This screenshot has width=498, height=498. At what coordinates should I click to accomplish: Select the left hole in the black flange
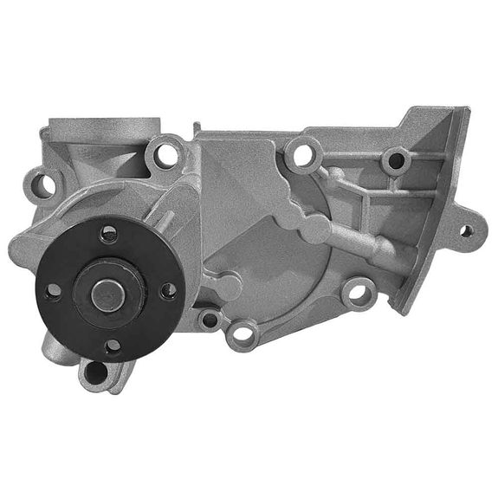tap(52, 291)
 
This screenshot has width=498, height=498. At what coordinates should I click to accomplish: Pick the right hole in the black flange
tap(168, 291)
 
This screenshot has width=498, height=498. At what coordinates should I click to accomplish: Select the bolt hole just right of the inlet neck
tap(163, 157)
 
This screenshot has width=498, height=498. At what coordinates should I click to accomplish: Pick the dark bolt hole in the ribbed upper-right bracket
tap(395, 159)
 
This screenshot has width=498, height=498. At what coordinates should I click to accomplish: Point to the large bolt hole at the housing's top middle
tap(303, 156)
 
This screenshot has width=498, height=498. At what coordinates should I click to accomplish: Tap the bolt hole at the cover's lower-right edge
tap(355, 292)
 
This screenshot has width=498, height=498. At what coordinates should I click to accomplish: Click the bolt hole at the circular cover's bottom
tap(245, 332)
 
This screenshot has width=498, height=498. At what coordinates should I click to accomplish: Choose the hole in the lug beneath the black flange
tap(94, 372)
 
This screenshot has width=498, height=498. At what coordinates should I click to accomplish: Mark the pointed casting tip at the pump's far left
tap(14, 250)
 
